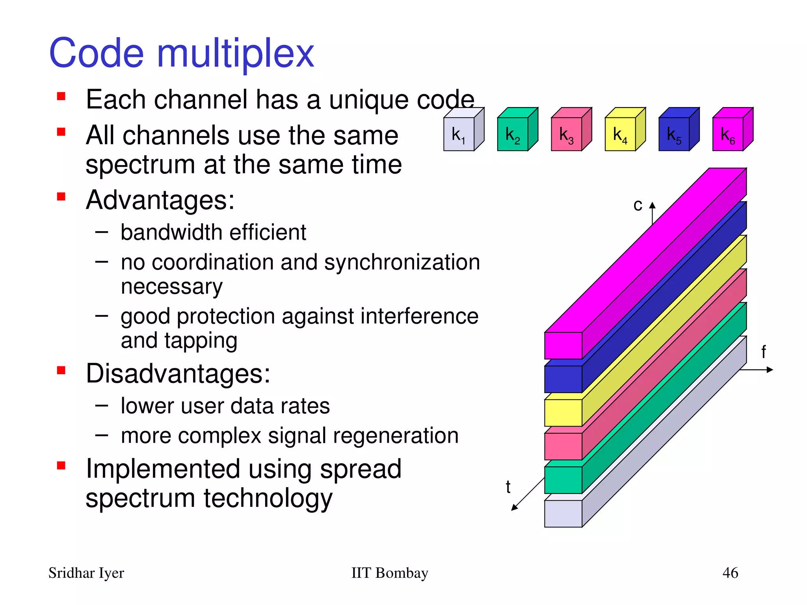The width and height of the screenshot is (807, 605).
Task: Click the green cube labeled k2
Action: tap(513, 134)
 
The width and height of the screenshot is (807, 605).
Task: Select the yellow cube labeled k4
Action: tap(621, 134)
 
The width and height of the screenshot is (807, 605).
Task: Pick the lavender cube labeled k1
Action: tap(459, 134)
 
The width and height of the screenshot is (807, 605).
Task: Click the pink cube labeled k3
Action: tap(567, 134)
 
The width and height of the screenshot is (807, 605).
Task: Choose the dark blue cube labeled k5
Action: tap(674, 134)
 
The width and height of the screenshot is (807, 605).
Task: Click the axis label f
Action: tap(763, 352)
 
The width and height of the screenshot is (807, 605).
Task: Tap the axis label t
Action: tap(508, 487)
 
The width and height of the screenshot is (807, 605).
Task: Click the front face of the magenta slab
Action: tap(563, 345)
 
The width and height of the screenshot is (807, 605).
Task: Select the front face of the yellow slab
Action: tap(563, 413)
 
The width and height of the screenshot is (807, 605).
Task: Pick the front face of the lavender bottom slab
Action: tap(563, 514)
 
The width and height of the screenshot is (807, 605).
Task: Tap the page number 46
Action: tap(730, 573)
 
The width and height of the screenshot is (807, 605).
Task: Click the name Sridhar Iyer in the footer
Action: tap(86, 573)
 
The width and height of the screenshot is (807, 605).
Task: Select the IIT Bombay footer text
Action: tap(389, 573)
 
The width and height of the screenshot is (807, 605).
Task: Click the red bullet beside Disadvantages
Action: tap(61, 370)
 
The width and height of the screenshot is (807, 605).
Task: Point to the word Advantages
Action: tap(160, 200)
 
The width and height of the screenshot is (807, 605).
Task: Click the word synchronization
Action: tap(402, 262)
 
